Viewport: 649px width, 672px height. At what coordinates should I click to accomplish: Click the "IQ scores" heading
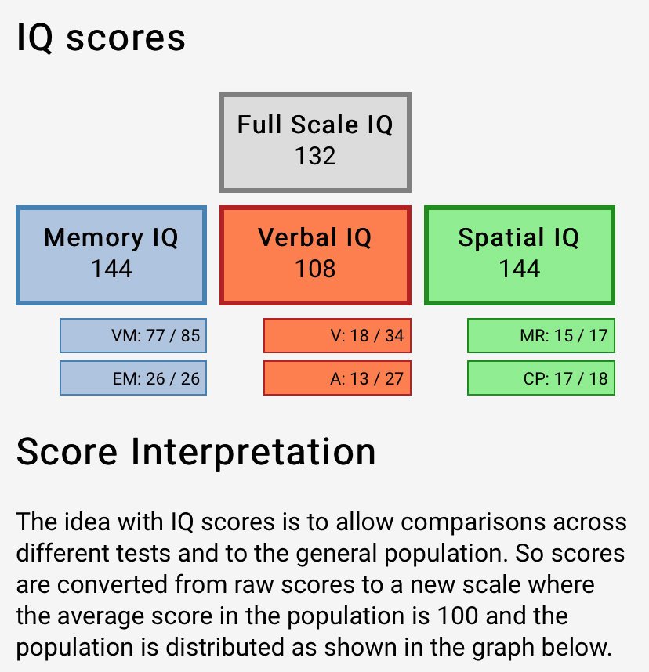(101, 38)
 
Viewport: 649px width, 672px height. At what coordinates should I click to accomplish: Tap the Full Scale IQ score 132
(315, 156)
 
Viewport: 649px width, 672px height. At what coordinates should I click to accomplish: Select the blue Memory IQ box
(111, 254)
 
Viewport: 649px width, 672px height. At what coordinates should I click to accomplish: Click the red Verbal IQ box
(315, 254)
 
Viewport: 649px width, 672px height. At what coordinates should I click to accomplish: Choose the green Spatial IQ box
(519, 254)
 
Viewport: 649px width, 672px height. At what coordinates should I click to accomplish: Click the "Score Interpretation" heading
(195, 453)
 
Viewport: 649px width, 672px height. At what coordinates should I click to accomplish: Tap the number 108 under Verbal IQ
(315, 269)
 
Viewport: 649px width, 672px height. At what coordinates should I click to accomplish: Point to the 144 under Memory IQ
(111, 269)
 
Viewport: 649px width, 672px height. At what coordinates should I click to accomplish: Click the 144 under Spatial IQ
(519, 269)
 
